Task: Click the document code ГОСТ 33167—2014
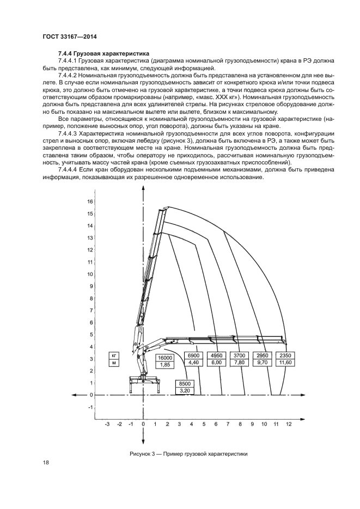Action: point(65,37)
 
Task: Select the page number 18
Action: point(45,462)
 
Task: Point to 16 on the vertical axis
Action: point(90,201)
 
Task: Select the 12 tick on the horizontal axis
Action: point(288,423)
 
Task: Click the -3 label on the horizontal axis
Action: point(107,423)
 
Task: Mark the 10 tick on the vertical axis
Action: point(90,274)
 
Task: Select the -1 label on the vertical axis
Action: point(90,407)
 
